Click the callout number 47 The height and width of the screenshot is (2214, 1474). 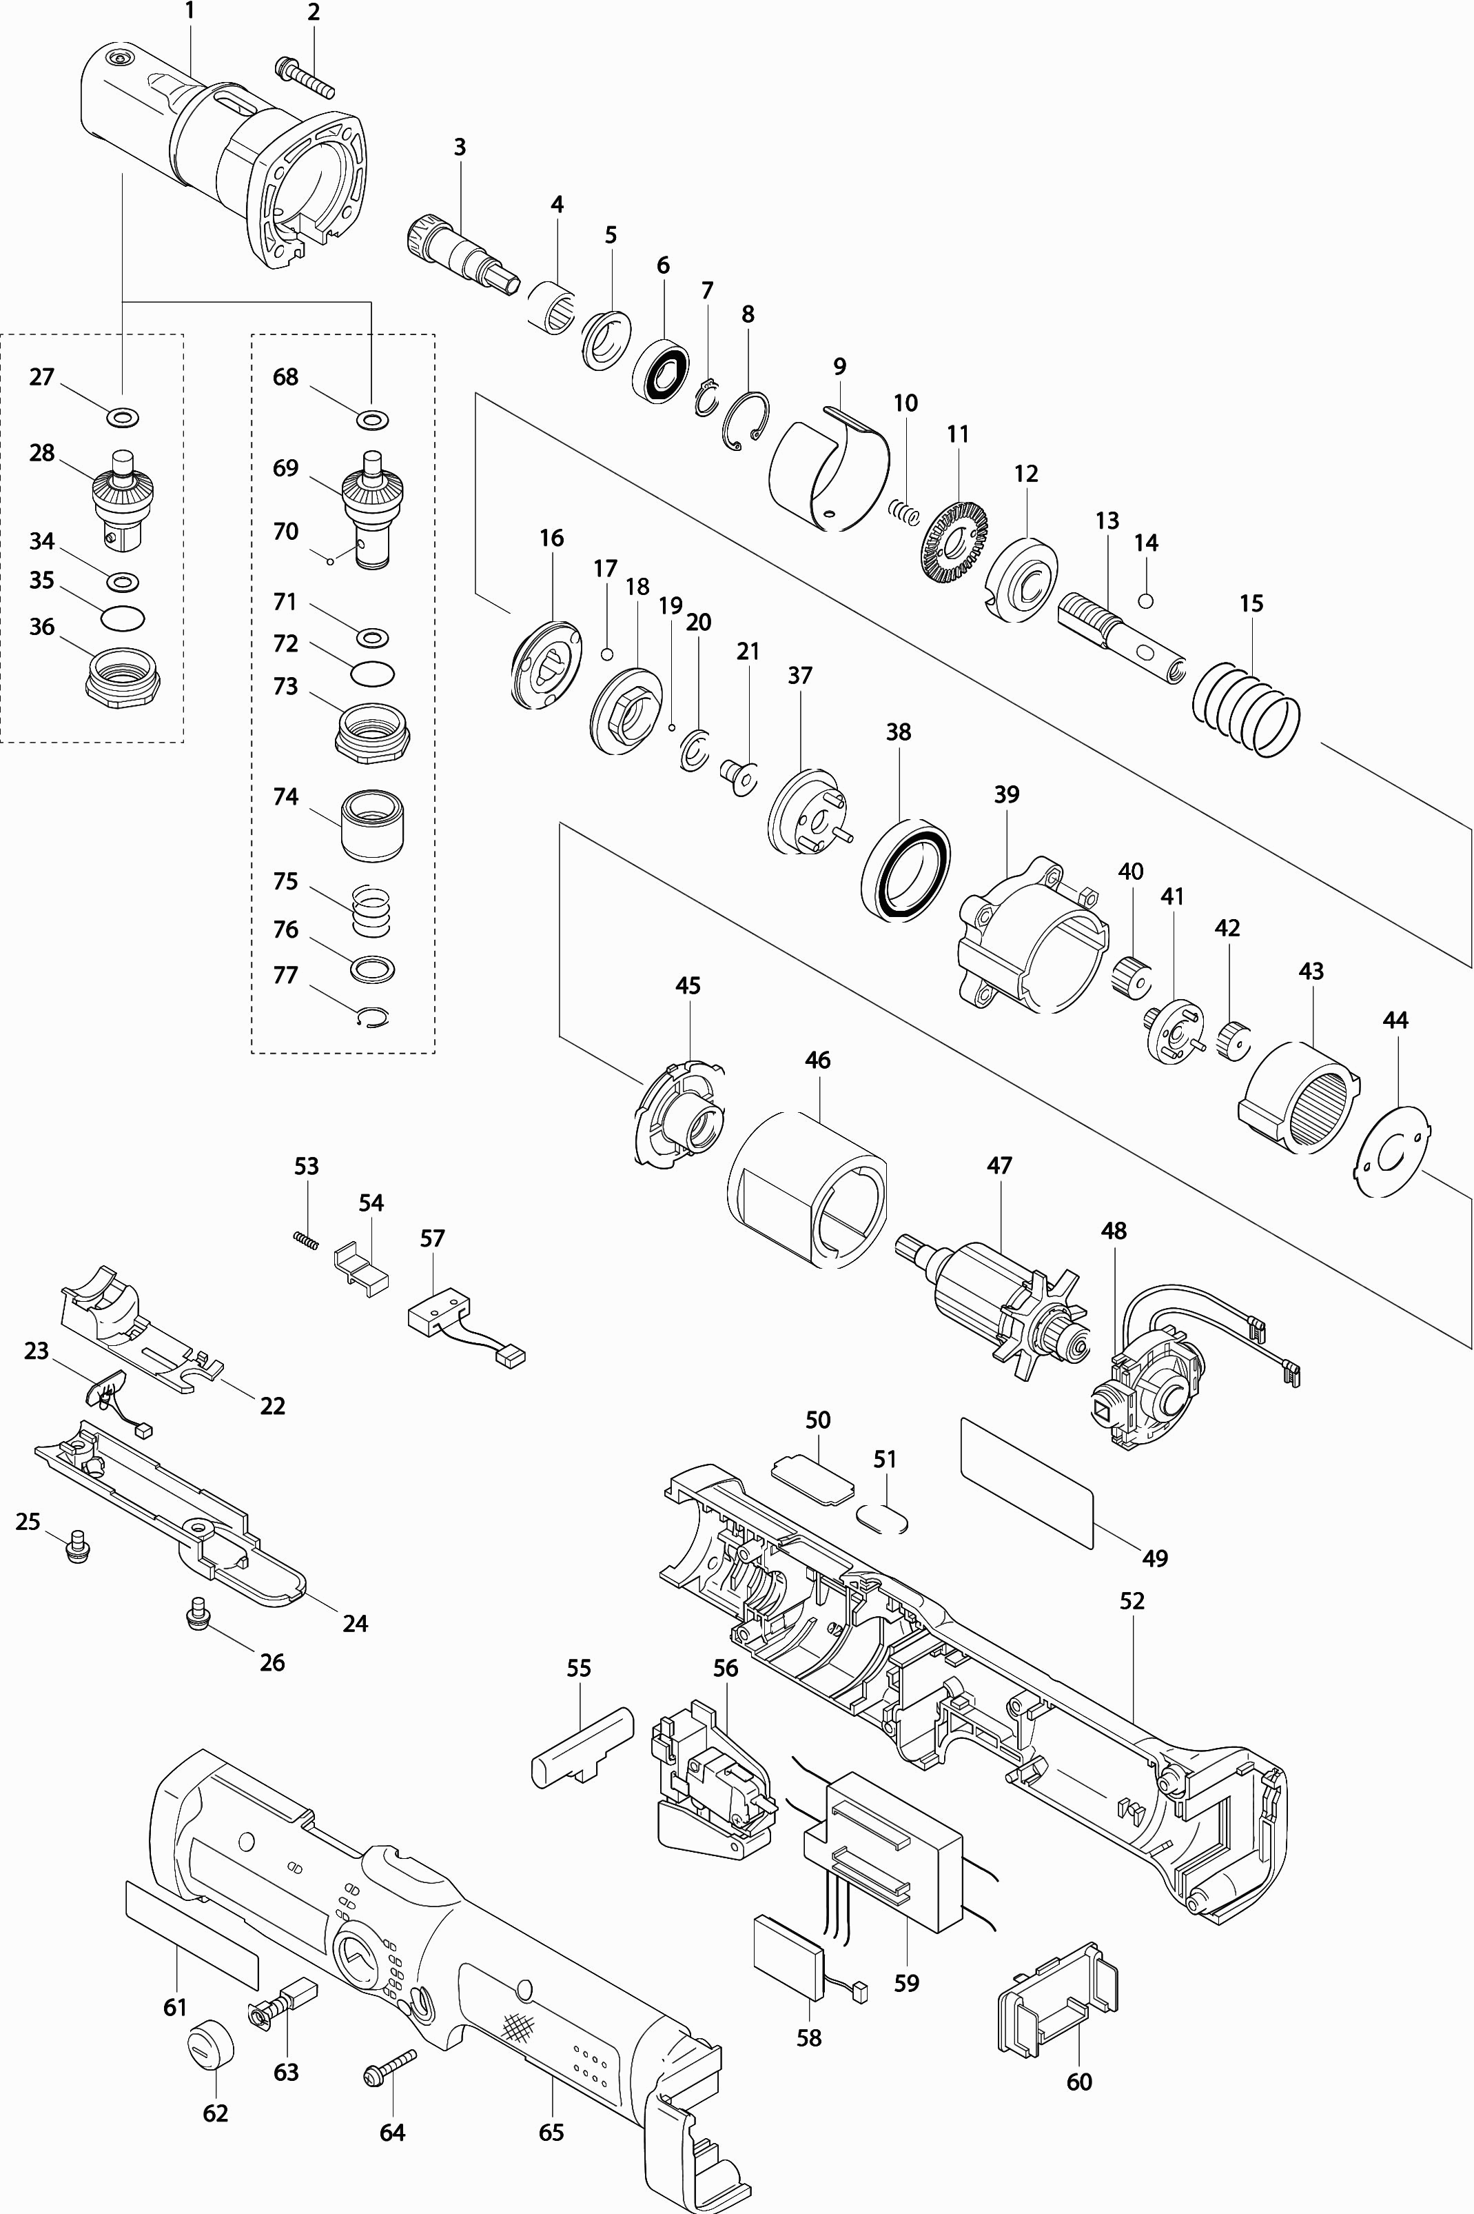coord(999,1165)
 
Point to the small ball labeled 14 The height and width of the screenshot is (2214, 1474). coord(1145,601)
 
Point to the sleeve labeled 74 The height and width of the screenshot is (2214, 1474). coord(371,823)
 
